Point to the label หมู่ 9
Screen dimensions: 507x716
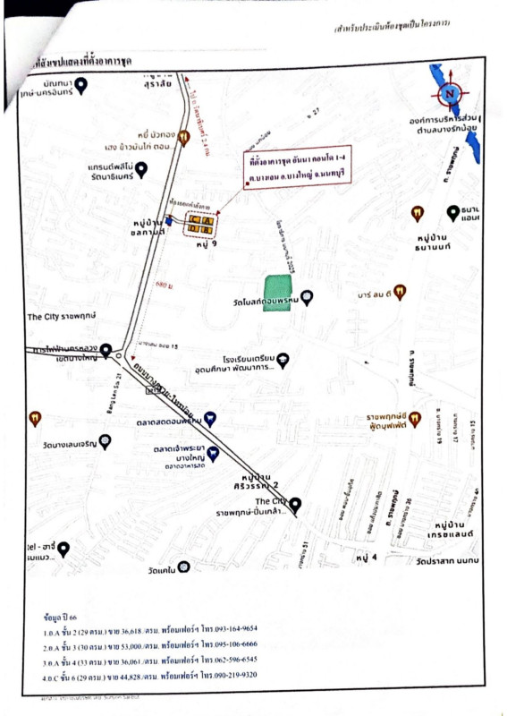coord(207,243)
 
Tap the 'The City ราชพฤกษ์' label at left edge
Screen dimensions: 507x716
coord(57,316)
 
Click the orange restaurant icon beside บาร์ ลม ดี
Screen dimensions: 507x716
coord(399,291)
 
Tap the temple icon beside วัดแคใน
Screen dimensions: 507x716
coord(183,567)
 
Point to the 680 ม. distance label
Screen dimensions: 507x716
coord(162,284)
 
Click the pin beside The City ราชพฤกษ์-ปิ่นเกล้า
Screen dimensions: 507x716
coord(296,503)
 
